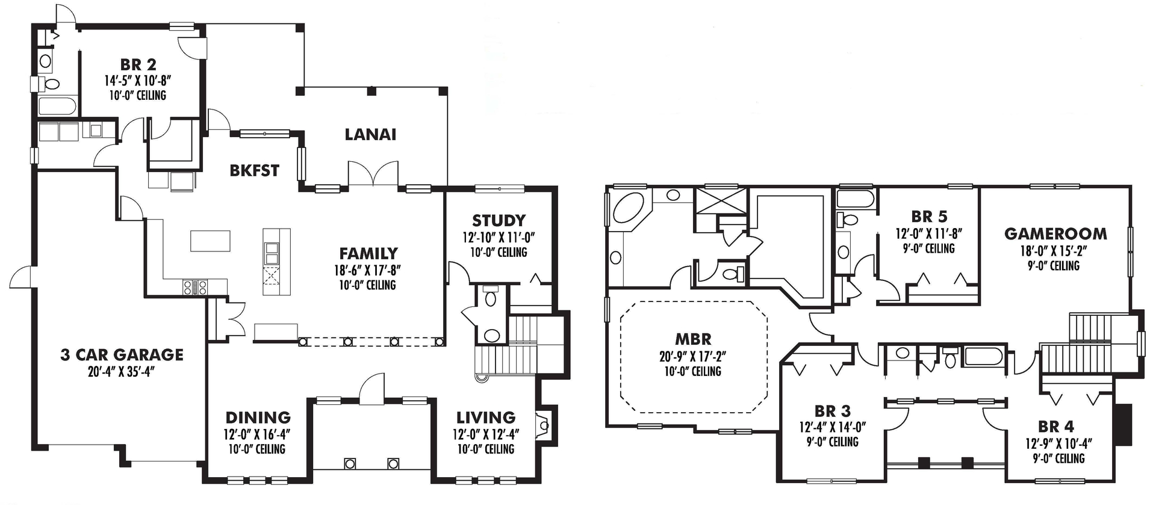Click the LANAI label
tap(370, 135)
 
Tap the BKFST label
tap(254, 171)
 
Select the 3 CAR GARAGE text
tap(122, 355)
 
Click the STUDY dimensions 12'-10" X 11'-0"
tap(499, 238)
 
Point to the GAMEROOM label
tap(1055, 234)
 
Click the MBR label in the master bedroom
tap(693, 339)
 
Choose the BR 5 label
tap(929, 217)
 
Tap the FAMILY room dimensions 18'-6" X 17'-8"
tap(367, 270)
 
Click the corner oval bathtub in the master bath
tap(629, 209)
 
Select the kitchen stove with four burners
tap(195, 287)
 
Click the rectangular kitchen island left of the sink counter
tap(210, 241)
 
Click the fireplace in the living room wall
tap(544, 425)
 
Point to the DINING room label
tap(258, 418)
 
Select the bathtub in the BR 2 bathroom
tap(57, 107)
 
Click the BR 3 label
tap(832, 412)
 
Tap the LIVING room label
tap(486, 418)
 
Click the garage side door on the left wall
tap(23, 277)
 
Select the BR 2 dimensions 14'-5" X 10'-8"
tap(138, 80)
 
